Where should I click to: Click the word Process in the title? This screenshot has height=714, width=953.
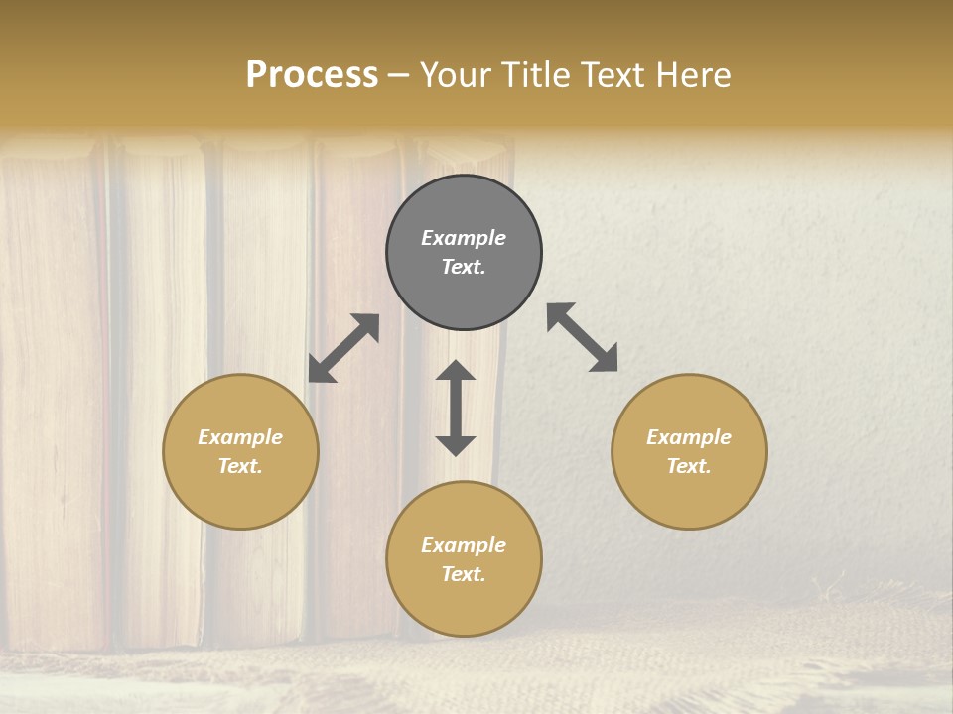312,75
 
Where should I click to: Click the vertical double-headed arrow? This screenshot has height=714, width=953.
456,408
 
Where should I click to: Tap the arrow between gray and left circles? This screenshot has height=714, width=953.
343,348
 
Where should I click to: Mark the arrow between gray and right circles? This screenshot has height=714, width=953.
583,337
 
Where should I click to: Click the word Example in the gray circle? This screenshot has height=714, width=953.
464,238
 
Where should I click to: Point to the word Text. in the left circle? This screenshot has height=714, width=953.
240,466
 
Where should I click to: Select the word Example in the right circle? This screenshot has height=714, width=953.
689,437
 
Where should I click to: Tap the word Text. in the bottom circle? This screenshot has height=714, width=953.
464,574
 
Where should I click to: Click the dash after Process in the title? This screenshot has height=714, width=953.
399,76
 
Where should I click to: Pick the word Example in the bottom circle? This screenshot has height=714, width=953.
464,545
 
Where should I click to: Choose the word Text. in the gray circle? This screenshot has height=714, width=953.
464,267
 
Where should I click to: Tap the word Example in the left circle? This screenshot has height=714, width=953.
240,437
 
